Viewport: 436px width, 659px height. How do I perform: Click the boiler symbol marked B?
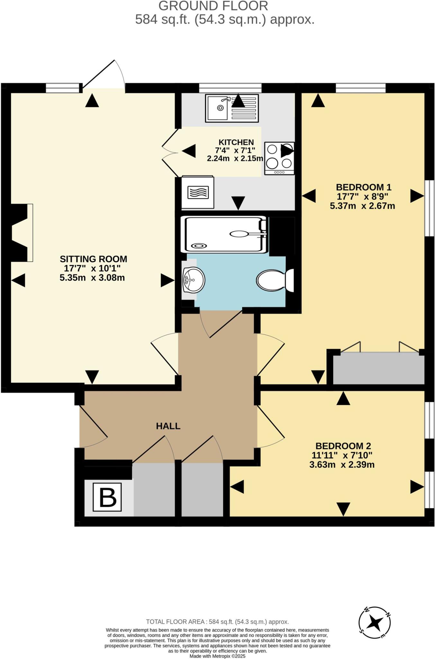tap(107, 497)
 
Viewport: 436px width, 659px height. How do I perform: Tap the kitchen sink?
tap(232, 108)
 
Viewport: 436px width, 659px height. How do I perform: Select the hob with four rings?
tap(279, 158)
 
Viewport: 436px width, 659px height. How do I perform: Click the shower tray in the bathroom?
tap(223, 234)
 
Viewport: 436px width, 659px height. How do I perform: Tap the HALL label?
tap(168, 426)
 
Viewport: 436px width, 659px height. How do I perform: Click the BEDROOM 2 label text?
tap(343, 446)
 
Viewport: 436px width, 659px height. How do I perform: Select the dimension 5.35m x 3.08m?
tap(92, 278)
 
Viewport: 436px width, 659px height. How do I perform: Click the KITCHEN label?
tap(236, 142)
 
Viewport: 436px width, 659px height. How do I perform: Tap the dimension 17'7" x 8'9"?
tap(362, 196)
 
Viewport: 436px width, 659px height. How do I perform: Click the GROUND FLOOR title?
tap(213, 6)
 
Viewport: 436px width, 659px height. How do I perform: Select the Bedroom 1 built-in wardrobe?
tap(378, 368)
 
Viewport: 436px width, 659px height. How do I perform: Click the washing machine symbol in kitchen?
tap(197, 192)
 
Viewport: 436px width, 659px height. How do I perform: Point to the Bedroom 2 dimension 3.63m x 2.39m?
tap(342, 465)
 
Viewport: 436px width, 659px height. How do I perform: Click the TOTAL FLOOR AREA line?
tap(217, 622)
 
